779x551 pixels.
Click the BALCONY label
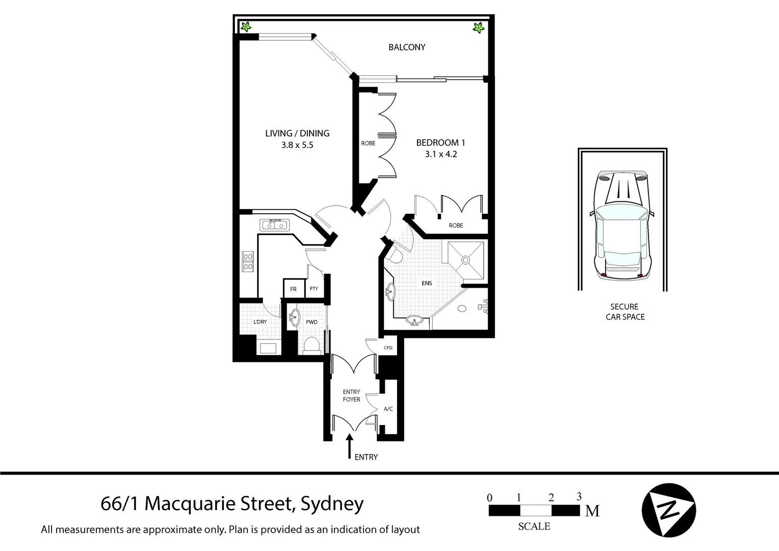[406, 47]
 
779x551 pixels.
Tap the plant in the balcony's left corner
[246, 27]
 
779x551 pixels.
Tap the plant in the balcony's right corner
[478, 28]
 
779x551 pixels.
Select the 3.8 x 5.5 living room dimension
[297, 145]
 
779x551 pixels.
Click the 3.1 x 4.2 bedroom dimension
[440, 154]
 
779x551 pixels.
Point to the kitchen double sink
[274, 224]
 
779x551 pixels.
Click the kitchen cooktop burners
[248, 261]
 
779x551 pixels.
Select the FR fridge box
[293, 289]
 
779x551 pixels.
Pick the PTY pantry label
[314, 289]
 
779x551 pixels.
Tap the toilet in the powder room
[310, 345]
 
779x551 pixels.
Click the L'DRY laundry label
[260, 322]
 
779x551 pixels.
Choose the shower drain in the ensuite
[464, 260]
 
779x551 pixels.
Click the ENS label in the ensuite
[427, 283]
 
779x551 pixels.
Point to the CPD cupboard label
[388, 348]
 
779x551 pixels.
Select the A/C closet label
[388, 409]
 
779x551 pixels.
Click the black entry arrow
[349, 446]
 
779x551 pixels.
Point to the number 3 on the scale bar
[579, 496]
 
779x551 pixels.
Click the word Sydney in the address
[332, 504]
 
